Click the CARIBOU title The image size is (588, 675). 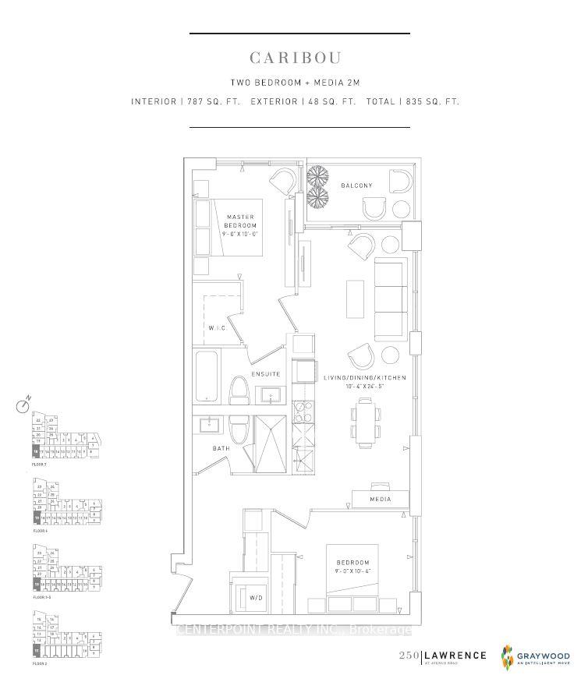tap(296, 58)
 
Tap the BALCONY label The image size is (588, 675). tap(356, 186)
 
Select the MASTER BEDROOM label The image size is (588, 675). tap(241, 221)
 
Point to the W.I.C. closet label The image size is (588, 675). tap(218, 328)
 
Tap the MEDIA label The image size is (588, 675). tap(380, 499)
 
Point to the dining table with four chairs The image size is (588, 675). tap(365, 422)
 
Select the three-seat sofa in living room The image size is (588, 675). tap(391, 299)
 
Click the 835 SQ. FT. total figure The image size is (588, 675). tap(432, 101)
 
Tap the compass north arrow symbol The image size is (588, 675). tap(23, 405)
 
